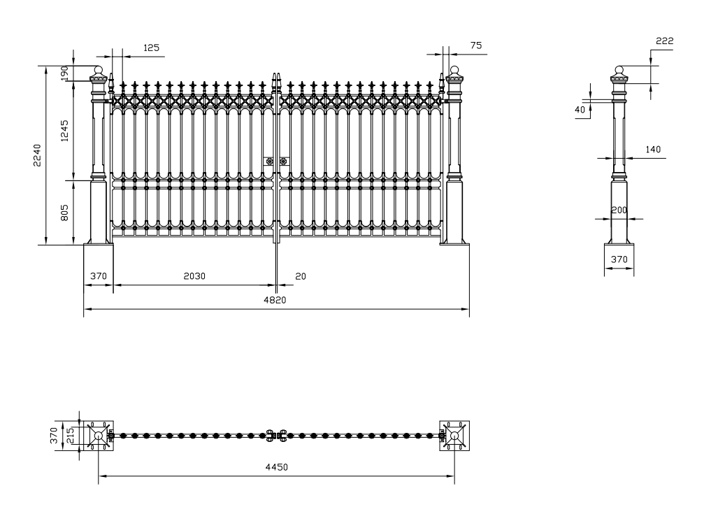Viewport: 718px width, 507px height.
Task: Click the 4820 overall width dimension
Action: (275, 300)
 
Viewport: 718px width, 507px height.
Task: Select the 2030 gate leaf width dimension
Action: (194, 276)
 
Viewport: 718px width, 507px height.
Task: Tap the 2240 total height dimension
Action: (37, 155)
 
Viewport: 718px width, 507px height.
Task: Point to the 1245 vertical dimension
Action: (64, 131)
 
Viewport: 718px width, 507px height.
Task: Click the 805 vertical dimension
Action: (64, 213)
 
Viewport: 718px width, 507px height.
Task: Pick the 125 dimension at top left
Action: (151, 48)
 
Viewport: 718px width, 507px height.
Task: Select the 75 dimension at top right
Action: (476, 45)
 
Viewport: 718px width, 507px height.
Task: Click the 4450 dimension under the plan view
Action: (277, 467)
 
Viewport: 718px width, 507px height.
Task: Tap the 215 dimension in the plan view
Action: (70, 436)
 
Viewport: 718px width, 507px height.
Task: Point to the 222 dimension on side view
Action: (664, 41)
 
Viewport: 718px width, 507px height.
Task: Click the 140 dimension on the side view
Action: (653, 150)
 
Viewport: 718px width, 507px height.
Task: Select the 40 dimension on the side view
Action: (580, 110)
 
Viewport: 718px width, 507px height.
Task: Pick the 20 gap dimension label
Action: (301, 276)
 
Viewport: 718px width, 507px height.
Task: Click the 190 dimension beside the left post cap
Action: (64, 73)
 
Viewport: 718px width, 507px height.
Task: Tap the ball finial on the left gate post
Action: (99, 70)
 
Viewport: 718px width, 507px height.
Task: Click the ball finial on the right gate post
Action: (454, 70)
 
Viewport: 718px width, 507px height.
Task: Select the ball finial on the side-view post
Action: (619, 70)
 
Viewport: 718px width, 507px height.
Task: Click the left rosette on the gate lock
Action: (269, 162)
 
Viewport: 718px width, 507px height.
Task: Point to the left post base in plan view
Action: (99, 436)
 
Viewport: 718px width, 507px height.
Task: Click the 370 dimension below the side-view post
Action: (619, 259)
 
